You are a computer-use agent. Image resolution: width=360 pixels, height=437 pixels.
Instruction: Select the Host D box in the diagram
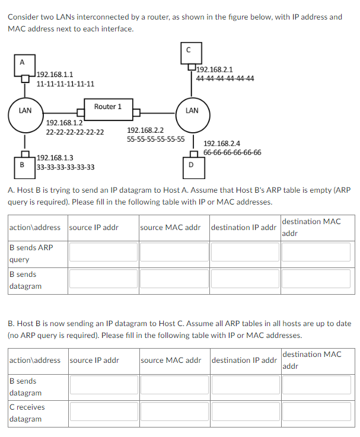190,165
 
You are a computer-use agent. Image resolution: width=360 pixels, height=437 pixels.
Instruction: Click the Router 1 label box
108,107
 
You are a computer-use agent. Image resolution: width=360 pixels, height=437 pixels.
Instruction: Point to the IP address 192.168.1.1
55,75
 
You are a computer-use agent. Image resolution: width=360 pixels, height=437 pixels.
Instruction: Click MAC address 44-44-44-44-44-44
225,78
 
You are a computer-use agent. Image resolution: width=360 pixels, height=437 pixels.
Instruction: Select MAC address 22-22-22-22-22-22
75,132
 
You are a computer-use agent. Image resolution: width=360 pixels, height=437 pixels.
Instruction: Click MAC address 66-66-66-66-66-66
232,152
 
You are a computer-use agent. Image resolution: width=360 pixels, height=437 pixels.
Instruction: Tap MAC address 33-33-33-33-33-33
65,167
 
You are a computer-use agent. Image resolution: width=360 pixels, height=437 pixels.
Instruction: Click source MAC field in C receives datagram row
174,413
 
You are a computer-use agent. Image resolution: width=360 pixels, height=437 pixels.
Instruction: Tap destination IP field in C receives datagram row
244,413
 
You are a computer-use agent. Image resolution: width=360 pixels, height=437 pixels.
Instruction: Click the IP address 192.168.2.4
222,143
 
